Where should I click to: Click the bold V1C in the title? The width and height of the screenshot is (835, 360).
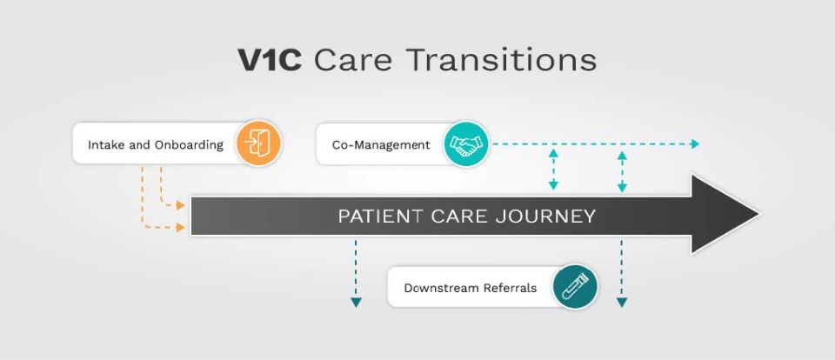(x=270, y=60)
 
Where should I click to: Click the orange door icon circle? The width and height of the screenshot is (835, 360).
(x=257, y=143)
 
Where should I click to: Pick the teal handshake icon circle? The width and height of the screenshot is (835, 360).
(x=466, y=143)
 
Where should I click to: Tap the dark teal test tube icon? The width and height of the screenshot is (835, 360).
(x=575, y=286)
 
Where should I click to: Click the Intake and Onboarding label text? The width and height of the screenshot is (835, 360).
(x=156, y=144)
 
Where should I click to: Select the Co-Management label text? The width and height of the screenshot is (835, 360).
(x=381, y=144)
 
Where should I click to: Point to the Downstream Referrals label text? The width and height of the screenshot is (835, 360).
(x=471, y=288)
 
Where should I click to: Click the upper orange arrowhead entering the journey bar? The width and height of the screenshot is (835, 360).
(x=181, y=205)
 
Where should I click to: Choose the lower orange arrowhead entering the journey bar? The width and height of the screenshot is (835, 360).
(x=181, y=228)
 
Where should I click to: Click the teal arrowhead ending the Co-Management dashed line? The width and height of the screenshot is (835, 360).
(x=694, y=143)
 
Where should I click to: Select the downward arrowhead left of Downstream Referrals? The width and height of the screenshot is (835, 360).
(x=356, y=303)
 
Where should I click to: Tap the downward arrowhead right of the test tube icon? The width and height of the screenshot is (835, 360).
(x=621, y=303)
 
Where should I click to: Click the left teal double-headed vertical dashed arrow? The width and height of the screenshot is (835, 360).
(x=553, y=170)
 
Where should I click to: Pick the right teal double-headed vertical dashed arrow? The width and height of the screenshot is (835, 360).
(x=622, y=171)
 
